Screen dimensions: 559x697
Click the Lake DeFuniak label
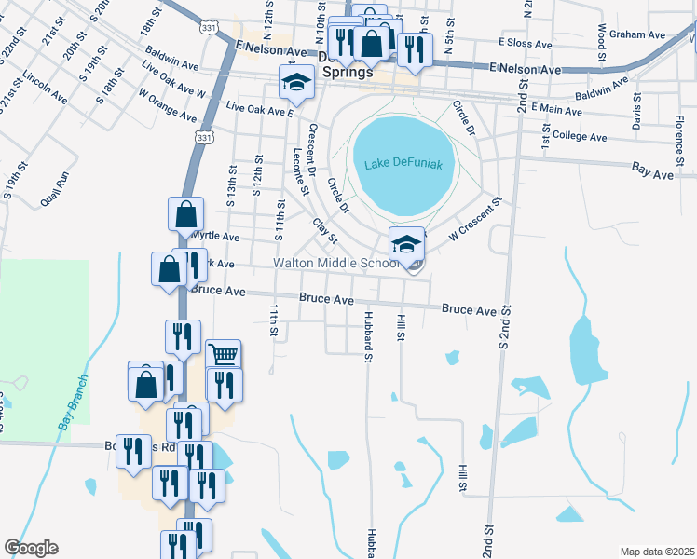[403, 164]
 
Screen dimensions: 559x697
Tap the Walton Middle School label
[335, 264]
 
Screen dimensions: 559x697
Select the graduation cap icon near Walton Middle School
[406, 245]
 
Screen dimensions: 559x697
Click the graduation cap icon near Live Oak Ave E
[296, 83]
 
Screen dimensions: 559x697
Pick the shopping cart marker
[224, 355]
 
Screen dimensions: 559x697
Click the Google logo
[31, 548]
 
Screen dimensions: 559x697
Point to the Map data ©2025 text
[656, 552]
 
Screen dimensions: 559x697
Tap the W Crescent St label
[474, 221]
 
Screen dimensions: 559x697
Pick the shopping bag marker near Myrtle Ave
[186, 213]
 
